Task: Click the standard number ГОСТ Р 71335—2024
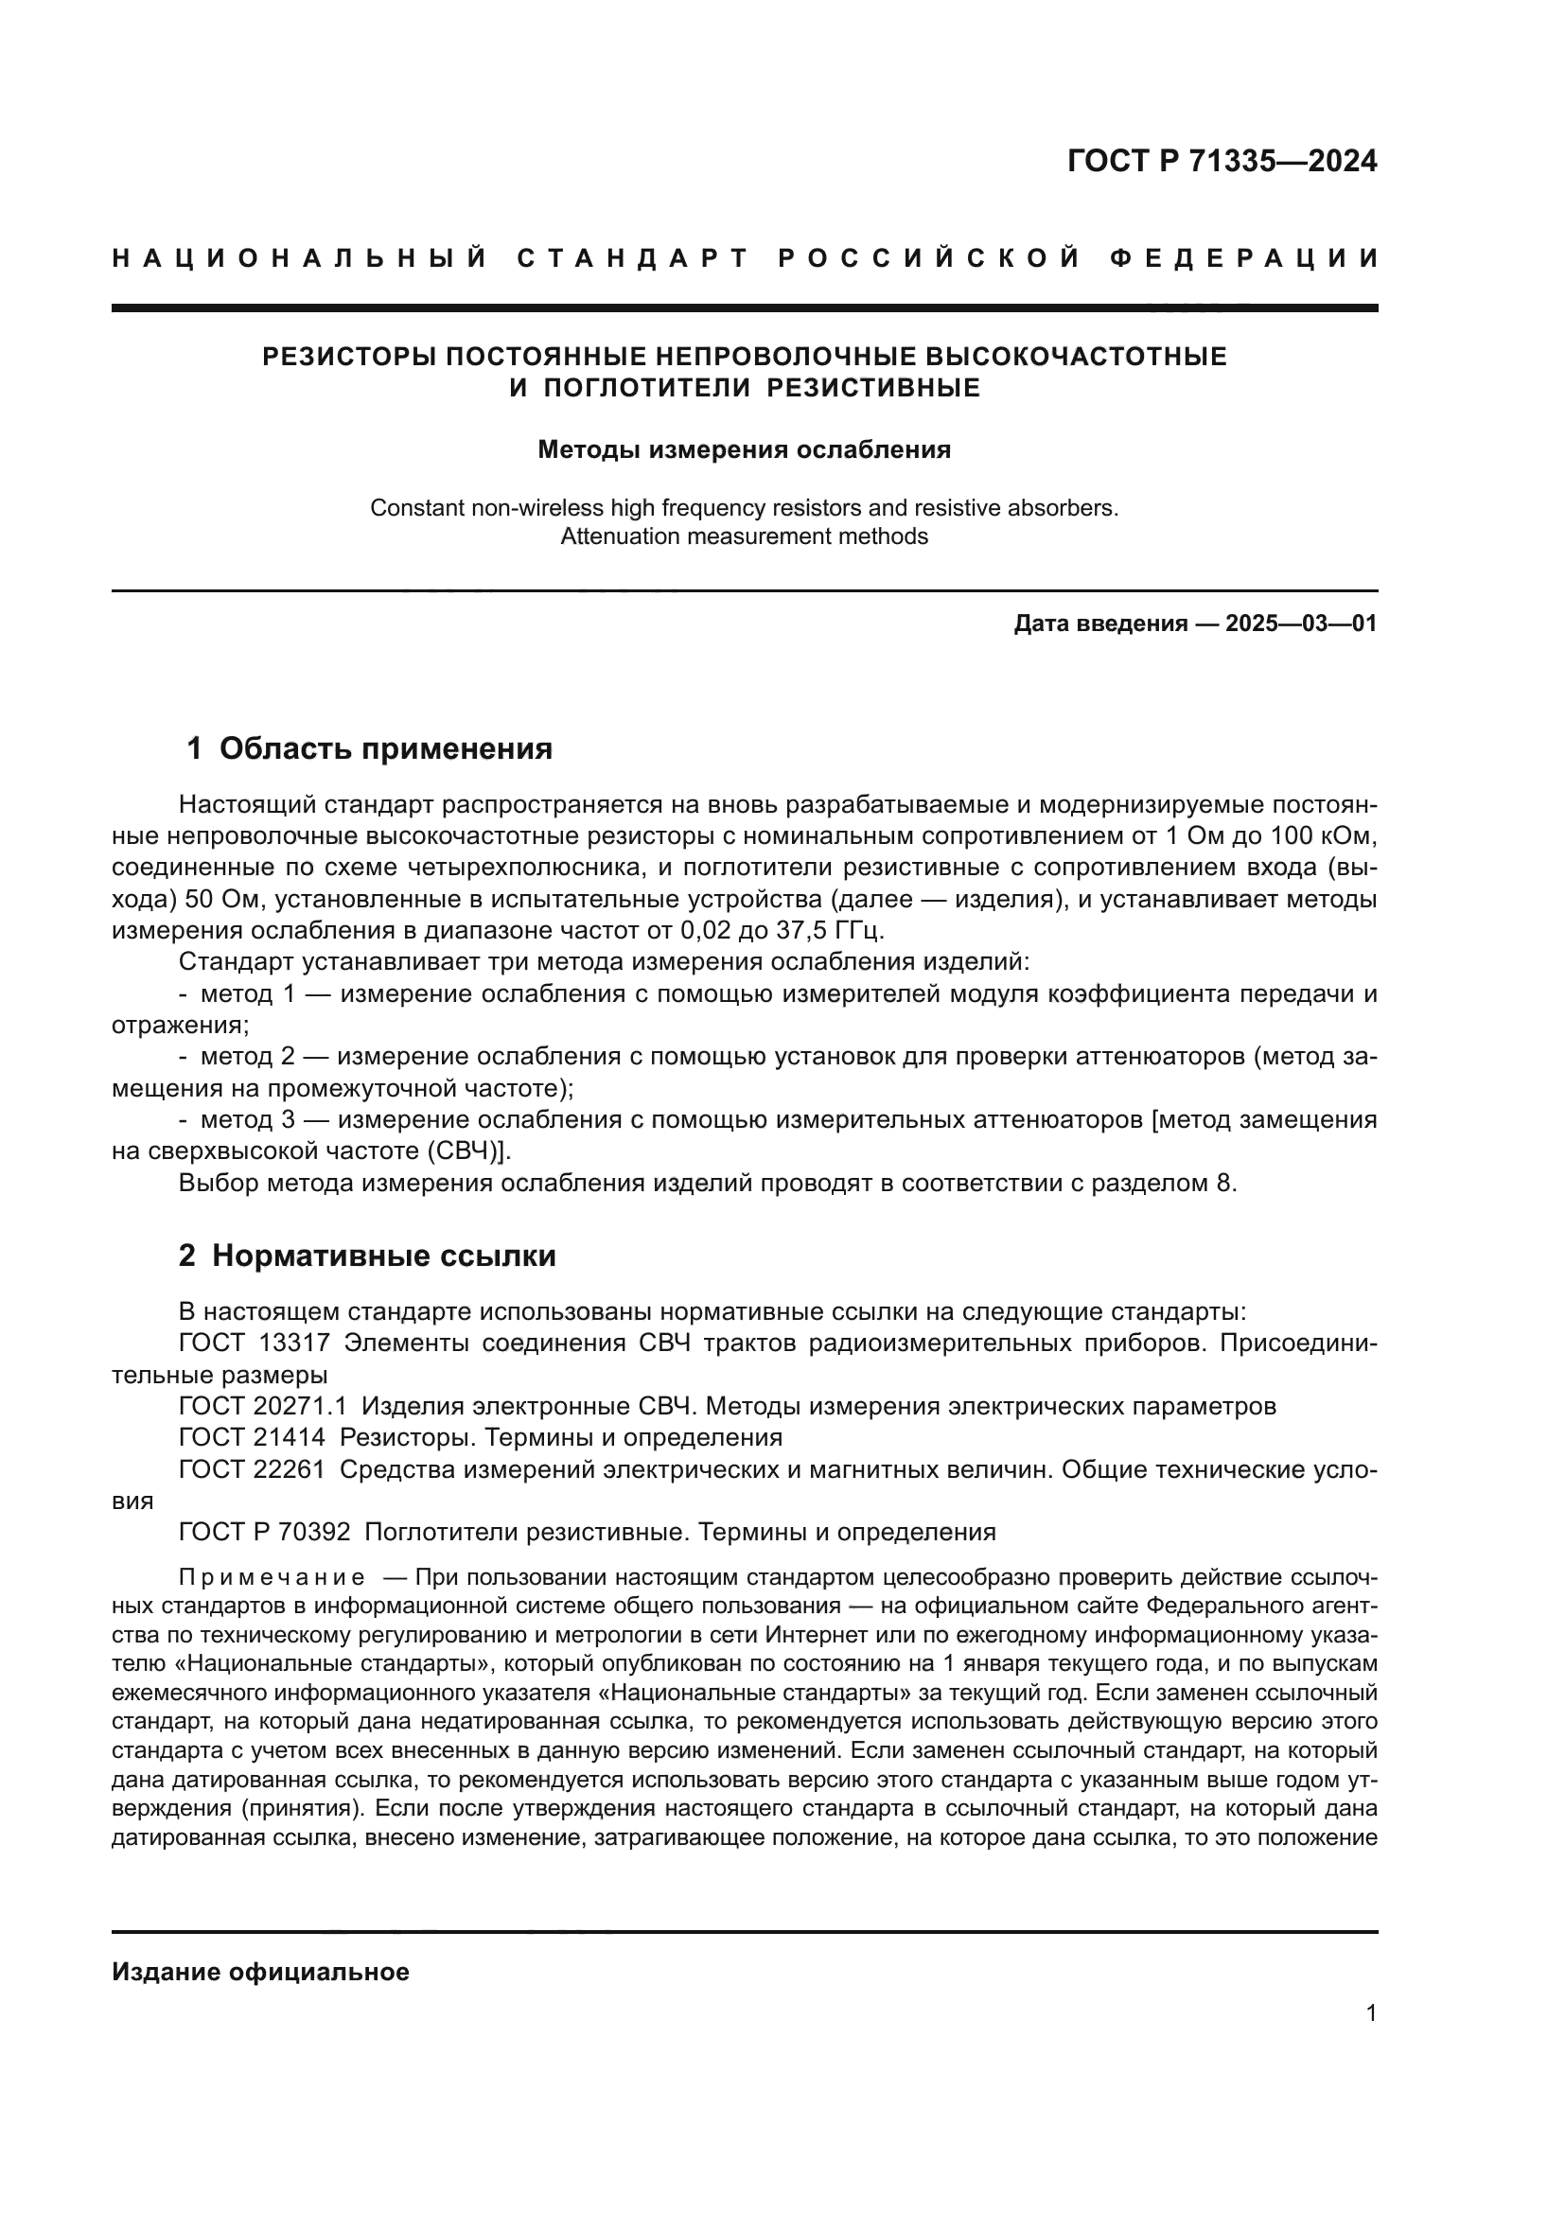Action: coord(1221,161)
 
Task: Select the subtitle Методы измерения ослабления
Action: coord(744,450)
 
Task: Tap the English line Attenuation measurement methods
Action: coord(744,536)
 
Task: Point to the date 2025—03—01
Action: coord(1300,624)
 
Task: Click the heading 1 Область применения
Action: coord(369,749)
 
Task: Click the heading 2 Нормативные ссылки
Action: coord(367,1256)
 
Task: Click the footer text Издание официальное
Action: coord(260,1972)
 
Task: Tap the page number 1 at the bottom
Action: coord(1371,2013)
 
